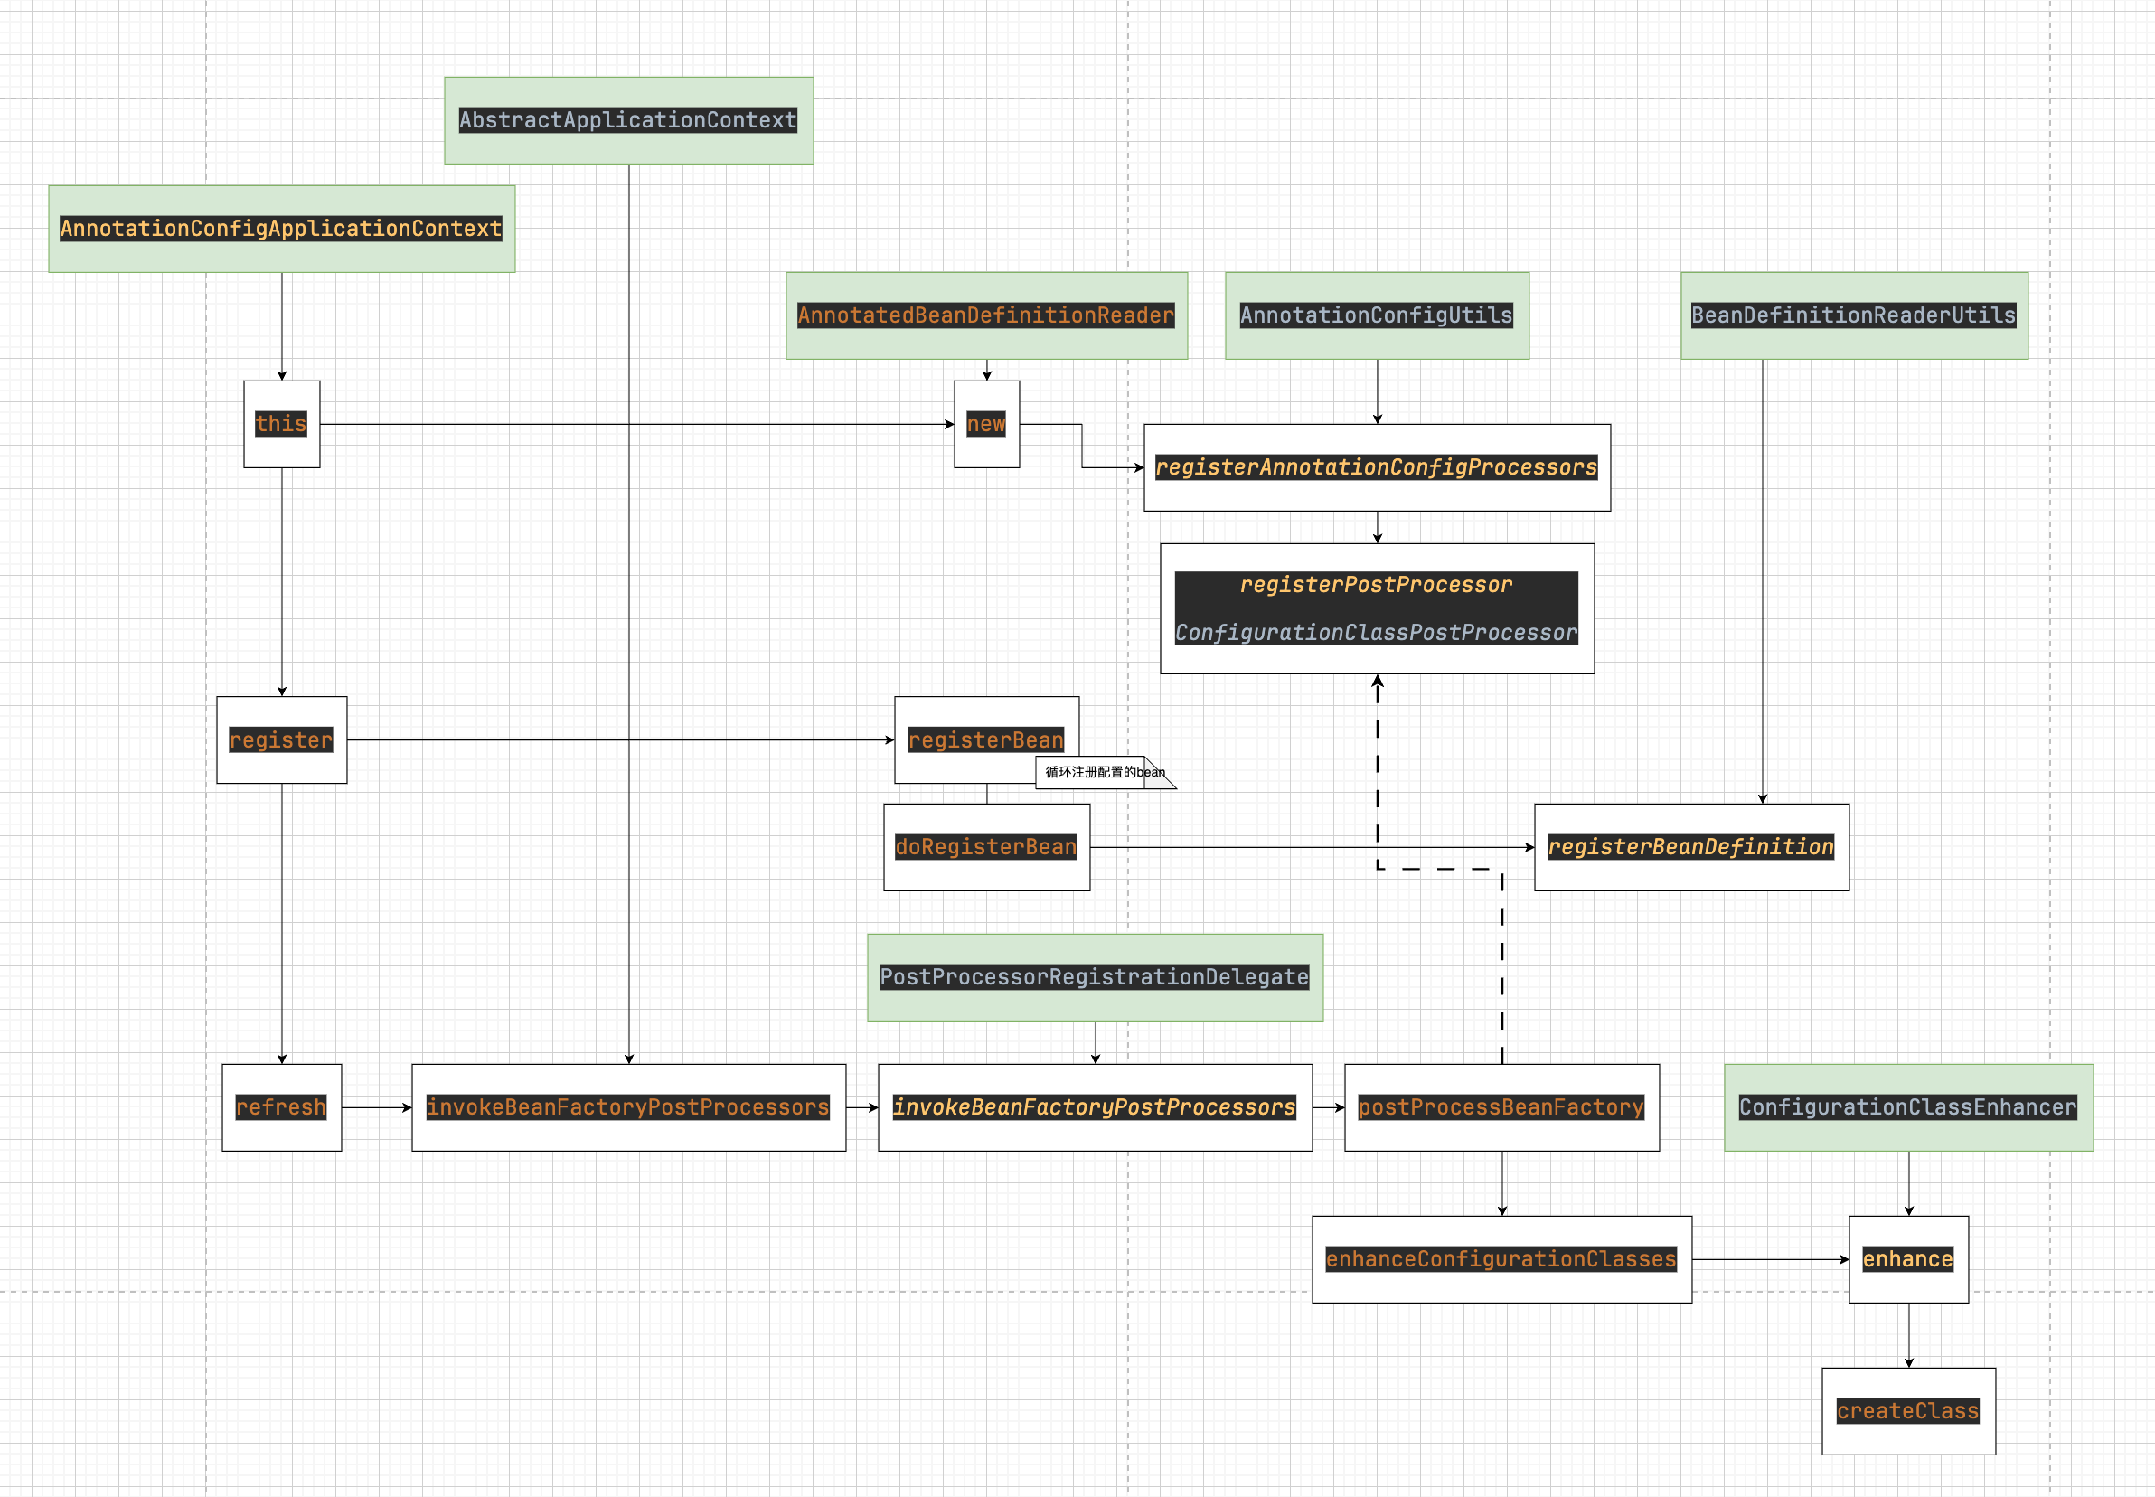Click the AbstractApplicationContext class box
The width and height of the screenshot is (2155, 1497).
[x=628, y=120]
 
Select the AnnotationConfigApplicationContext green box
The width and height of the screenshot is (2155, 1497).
[x=281, y=228]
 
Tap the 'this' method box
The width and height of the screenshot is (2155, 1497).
[x=281, y=424]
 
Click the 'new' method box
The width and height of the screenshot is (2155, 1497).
[x=986, y=424]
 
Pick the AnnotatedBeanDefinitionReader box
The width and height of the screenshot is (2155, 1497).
[x=986, y=315]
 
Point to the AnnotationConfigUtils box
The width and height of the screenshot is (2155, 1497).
[x=1377, y=315]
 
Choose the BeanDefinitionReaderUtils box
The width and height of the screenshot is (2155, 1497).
[x=1854, y=315]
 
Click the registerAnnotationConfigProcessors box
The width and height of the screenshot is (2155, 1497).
[x=1377, y=467]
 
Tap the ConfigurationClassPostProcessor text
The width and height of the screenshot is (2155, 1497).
[x=1377, y=633]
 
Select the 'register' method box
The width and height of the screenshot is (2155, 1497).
[x=281, y=740]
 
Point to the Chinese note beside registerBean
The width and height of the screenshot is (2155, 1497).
[x=1104, y=772]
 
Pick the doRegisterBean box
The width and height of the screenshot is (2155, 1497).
[x=986, y=847]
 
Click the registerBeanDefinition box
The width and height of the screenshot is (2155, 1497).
[x=1690, y=847]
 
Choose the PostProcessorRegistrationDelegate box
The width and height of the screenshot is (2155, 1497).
[x=1095, y=977]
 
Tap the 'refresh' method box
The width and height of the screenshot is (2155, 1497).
[x=281, y=1107]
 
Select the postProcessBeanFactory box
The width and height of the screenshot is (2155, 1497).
[x=1501, y=1107]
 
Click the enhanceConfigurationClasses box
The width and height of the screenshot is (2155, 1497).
[x=1501, y=1259]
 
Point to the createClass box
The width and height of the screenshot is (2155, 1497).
[x=1908, y=1412]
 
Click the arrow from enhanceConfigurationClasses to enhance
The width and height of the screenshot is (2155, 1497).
[x=1770, y=1259]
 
